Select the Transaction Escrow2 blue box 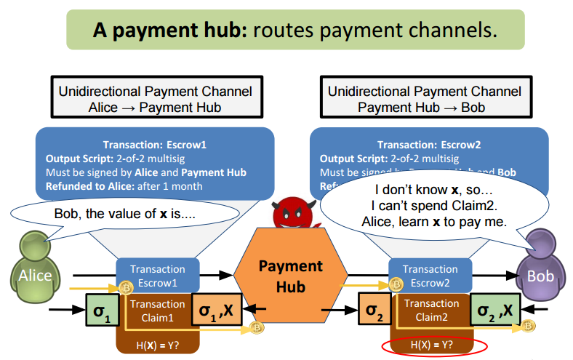click(x=430, y=276)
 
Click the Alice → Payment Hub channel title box click(x=156, y=98)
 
